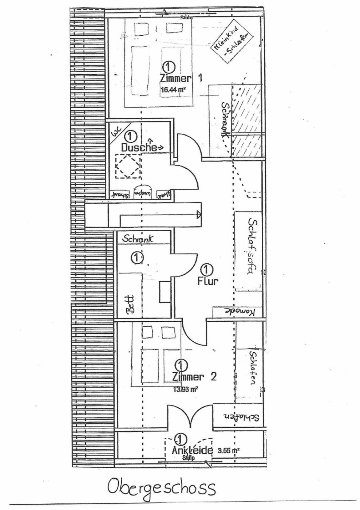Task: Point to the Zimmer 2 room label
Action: pyautogui.click(x=194, y=376)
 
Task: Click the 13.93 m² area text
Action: pyautogui.click(x=186, y=389)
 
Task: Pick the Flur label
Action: pyautogui.click(x=208, y=281)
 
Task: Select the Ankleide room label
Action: pyautogui.click(x=192, y=450)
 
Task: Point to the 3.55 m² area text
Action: pyautogui.click(x=228, y=450)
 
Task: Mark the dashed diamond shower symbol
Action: pyautogui.click(x=128, y=166)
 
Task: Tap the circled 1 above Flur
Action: pyautogui.click(x=207, y=270)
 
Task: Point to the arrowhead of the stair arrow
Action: pyautogui.click(x=199, y=215)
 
